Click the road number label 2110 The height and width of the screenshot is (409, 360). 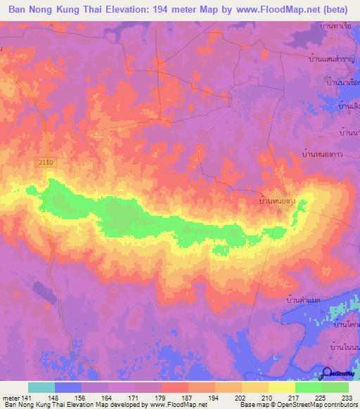[46, 162]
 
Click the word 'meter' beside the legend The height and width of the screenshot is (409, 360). [11, 398]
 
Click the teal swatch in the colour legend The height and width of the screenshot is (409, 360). [41, 387]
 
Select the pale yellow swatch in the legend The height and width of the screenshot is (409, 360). [282, 387]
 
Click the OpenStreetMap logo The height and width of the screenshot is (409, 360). [339, 372]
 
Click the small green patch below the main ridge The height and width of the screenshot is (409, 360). [221, 249]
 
